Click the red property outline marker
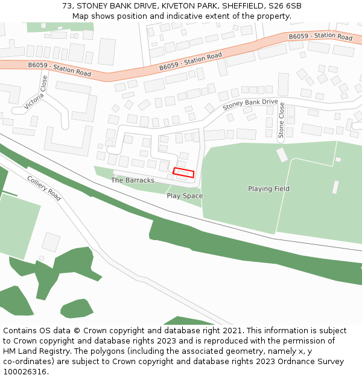pyautogui.click(x=183, y=173)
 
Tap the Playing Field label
pyautogui.click(x=268, y=189)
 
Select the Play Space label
pyautogui.click(x=185, y=196)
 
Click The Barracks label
pyautogui.click(x=133, y=180)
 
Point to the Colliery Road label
pyautogui.click(x=44, y=188)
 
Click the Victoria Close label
pyautogui.click(x=35, y=93)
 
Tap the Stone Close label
pyautogui.click(x=281, y=120)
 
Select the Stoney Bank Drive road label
pyautogui.click(x=250, y=105)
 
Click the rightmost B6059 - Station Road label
pyautogui.click(x=320, y=37)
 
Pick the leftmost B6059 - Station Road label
pyautogui.click(x=59, y=69)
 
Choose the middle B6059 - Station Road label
pyautogui.click(x=191, y=61)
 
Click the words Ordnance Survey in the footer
pyautogui.click(x=313, y=362)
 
